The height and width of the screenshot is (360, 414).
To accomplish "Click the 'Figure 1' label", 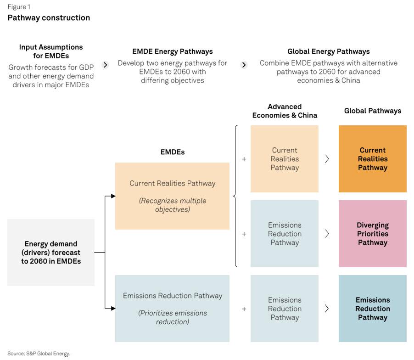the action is pyautogui.click(x=19, y=7).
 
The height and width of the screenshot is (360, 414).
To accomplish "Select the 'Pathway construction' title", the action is pyautogui.click(x=49, y=18).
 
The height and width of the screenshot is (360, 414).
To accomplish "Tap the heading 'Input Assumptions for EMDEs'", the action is pyautogui.click(x=51, y=51).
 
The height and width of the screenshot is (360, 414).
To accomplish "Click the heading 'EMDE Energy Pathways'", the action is pyautogui.click(x=173, y=51).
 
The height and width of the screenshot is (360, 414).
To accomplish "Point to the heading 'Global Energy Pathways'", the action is pyautogui.click(x=329, y=51).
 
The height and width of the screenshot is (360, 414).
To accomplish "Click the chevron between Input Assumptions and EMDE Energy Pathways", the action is pyautogui.click(x=106, y=65).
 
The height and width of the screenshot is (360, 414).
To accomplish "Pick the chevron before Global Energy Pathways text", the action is pyautogui.click(x=244, y=65).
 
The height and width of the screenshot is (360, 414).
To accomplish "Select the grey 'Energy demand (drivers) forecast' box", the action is pyautogui.click(x=51, y=252).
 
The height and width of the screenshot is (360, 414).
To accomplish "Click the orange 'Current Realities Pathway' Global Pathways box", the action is pyautogui.click(x=373, y=159).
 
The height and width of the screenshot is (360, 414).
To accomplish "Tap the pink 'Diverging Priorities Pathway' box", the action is pyautogui.click(x=373, y=234).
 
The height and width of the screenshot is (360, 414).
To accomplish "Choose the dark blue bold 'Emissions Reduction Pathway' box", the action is pyautogui.click(x=373, y=309).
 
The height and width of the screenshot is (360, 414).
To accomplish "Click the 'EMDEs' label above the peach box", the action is pyautogui.click(x=173, y=152).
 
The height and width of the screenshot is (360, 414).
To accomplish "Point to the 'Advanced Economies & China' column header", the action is pyautogui.click(x=285, y=111).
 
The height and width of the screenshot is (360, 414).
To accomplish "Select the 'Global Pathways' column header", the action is pyautogui.click(x=373, y=111).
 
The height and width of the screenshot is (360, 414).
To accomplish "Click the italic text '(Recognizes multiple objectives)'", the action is pyautogui.click(x=173, y=205).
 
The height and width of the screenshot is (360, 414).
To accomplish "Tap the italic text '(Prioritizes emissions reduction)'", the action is pyautogui.click(x=173, y=317).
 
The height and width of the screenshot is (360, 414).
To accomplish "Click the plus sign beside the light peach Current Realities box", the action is pyautogui.click(x=244, y=159).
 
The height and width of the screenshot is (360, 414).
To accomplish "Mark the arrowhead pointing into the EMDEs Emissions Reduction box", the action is pyautogui.click(x=113, y=308).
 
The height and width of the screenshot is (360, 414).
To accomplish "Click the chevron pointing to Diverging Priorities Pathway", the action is pyautogui.click(x=327, y=233).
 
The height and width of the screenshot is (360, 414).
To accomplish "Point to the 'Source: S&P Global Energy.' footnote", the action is pyautogui.click(x=39, y=354).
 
